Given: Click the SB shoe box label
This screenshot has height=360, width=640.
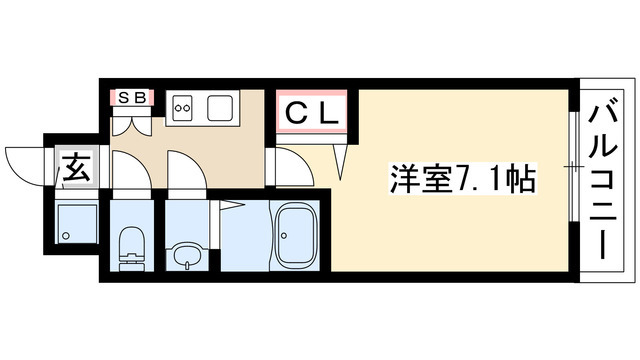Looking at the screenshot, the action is coord(130,97).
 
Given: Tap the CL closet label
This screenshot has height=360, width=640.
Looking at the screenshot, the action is coord(312,111).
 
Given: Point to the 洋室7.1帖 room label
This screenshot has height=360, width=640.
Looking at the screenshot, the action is coord(461,181).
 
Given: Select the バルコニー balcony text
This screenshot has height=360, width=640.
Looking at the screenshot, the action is coord(603,181).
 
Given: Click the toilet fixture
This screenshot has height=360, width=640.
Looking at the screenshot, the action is coord(130,245).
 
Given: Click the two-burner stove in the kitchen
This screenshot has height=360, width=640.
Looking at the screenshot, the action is coord(185,107).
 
